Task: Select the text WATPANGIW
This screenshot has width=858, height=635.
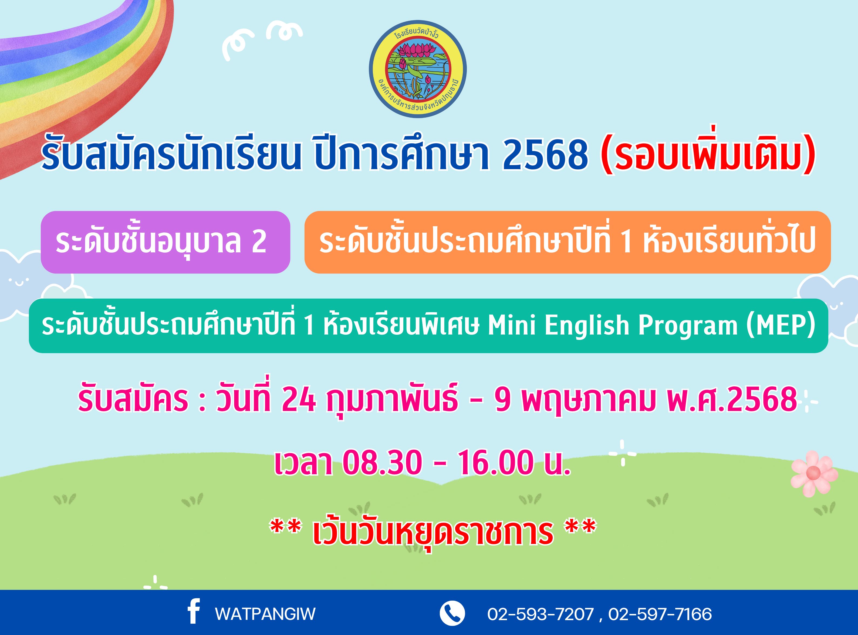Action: [x=265, y=614]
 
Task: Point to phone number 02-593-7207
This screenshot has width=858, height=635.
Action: [x=541, y=614]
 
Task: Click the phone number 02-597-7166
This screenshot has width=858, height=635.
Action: [x=660, y=614]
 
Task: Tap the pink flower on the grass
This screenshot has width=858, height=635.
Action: [x=813, y=474]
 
